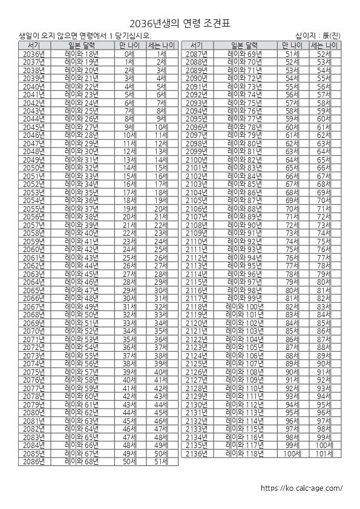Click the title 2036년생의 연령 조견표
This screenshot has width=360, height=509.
tap(180, 23)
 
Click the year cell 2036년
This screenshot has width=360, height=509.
tap(34, 54)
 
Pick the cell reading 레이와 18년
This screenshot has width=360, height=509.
tap(81, 54)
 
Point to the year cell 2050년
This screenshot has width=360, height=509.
tap(34, 167)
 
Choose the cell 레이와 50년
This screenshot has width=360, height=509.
tap(81, 314)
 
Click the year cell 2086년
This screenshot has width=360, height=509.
tap(34, 461)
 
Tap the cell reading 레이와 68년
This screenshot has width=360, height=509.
tap(81, 461)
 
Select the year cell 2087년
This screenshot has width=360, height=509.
tap(196, 54)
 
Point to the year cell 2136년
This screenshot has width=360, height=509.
tap(196, 453)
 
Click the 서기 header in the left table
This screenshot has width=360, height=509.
tap(34, 45)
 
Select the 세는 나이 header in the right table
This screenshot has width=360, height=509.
tap(324, 45)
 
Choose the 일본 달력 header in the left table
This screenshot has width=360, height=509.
tap(81, 45)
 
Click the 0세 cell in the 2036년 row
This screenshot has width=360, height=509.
tap(129, 54)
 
